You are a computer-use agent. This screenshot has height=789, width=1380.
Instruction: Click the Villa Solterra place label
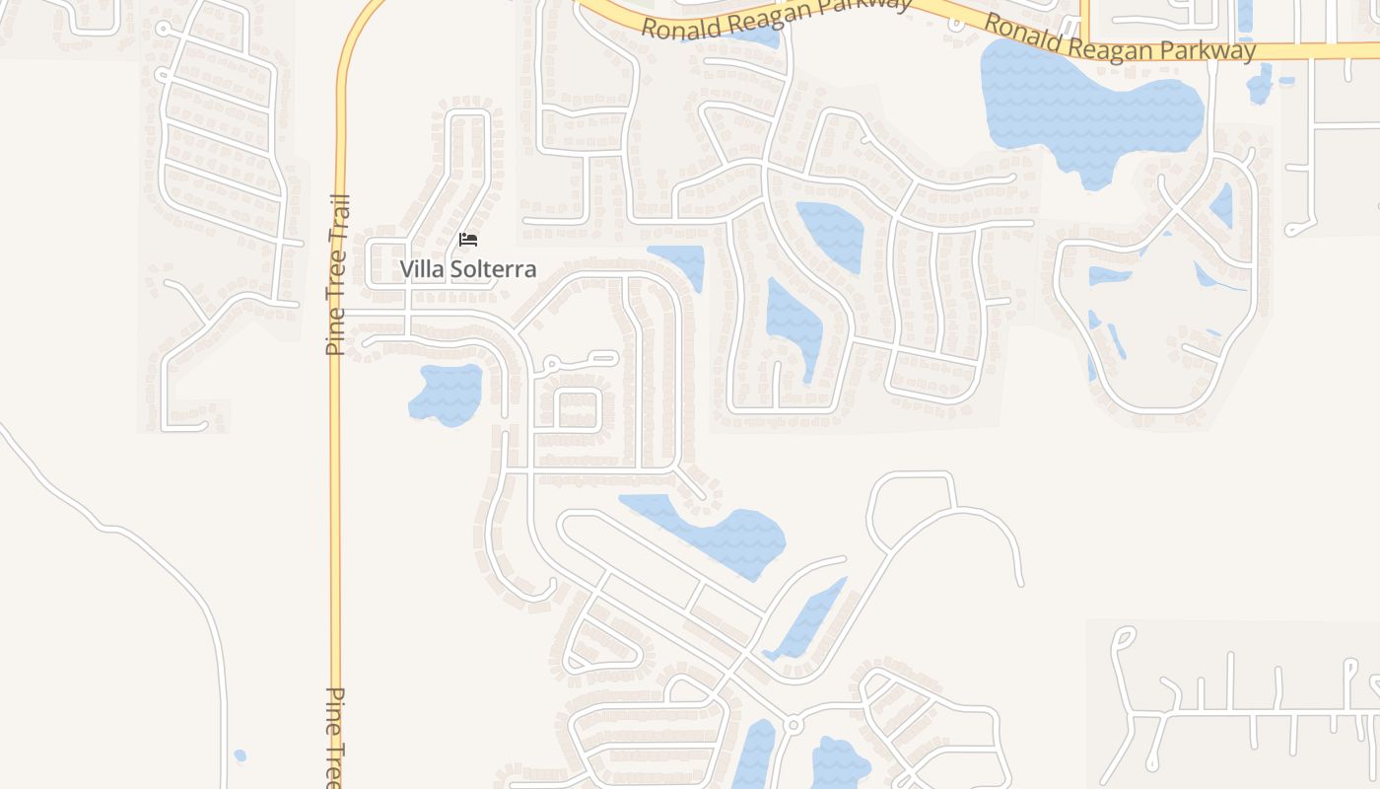468,269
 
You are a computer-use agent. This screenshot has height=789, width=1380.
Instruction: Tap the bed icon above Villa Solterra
468,240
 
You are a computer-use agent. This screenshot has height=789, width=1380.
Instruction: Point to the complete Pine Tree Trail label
337,274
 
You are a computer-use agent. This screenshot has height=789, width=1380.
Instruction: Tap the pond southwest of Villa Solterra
447,394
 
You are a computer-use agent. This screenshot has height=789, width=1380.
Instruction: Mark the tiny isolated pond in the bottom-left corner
240,756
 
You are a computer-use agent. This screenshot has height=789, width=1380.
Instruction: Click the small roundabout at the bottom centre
792,726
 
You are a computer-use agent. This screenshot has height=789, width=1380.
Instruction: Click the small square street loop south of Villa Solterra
579,409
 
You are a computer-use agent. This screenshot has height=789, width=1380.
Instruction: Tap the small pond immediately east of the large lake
1260,83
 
